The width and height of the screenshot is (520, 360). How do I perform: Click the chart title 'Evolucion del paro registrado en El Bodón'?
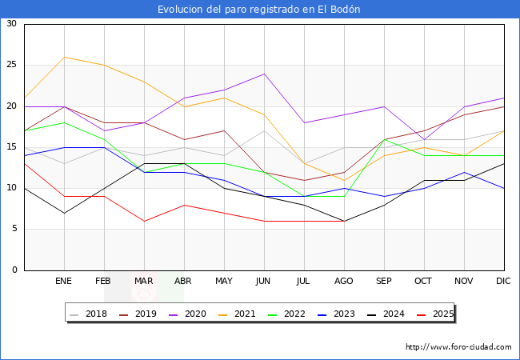click(x=259, y=10)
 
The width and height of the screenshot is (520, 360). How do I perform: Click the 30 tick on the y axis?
click(x=11, y=24)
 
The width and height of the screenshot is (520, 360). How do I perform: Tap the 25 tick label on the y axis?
click(x=11, y=65)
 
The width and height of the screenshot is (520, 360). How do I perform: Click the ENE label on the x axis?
click(x=64, y=282)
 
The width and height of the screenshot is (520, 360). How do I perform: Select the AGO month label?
click(x=344, y=282)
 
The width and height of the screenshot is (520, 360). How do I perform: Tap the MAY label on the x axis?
click(x=224, y=282)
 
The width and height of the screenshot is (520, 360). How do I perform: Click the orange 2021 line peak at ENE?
click(x=64, y=57)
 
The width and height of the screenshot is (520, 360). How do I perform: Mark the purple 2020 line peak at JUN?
click(x=264, y=74)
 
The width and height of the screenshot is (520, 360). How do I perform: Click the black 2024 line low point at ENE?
click(x=64, y=213)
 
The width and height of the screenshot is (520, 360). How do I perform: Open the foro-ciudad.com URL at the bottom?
click(x=458, y=347)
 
